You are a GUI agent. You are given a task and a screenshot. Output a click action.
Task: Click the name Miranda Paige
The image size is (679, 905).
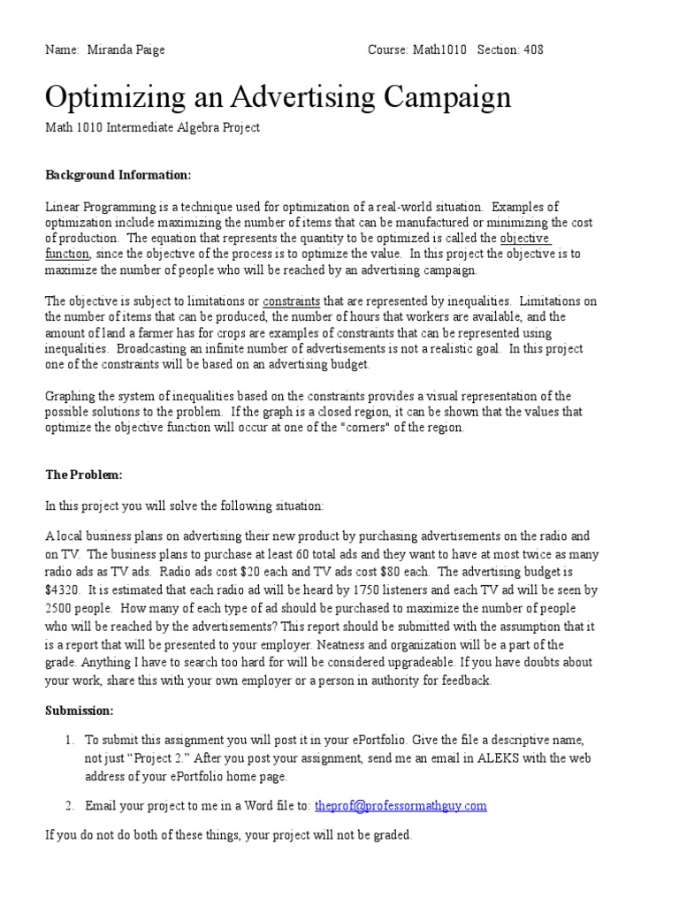[126, 50]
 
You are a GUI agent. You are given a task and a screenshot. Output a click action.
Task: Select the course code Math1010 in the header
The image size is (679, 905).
[440, 50]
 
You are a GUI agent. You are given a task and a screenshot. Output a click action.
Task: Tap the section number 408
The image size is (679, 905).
[533, 50]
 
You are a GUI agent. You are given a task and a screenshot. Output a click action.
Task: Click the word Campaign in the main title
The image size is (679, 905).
[436, 96]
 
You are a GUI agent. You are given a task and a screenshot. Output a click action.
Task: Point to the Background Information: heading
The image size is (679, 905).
[118, 175]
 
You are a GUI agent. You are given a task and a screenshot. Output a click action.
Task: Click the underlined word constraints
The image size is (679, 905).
[291, 302]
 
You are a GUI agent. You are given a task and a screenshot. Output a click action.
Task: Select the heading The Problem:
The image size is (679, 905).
[84, 475]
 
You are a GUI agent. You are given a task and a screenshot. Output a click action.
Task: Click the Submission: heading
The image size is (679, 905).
[80, 711]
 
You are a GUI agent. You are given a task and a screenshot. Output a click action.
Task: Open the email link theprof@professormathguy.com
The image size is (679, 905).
[401, 806]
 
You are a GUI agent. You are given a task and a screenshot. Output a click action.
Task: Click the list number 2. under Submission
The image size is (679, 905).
[70, 806]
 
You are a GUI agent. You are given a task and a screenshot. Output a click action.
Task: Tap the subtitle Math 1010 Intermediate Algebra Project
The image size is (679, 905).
[153, 128]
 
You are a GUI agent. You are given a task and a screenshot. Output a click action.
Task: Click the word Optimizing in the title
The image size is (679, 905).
[113, 96]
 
